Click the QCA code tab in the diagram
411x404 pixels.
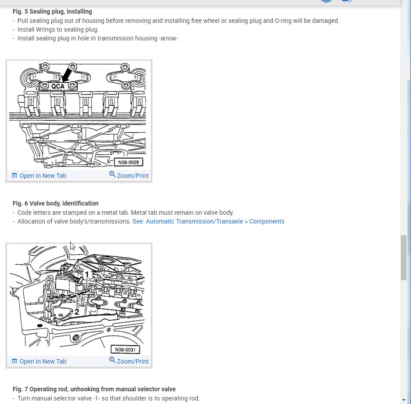pos(58,87)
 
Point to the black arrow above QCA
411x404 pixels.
pos(67,75)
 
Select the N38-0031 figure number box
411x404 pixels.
pos(125,350)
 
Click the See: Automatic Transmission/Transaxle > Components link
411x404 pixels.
pos(208,221)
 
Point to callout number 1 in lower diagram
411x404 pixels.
pos(87,274)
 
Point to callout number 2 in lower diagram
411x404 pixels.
pos(76,312)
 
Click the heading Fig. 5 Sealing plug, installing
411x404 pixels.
pos(52,11)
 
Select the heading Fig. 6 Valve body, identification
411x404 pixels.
pos(56,203)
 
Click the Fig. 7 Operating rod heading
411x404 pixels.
pos(94,389)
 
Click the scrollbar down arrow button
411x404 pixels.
pos(404,399)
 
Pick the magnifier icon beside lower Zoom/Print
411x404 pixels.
pos(112,361)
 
